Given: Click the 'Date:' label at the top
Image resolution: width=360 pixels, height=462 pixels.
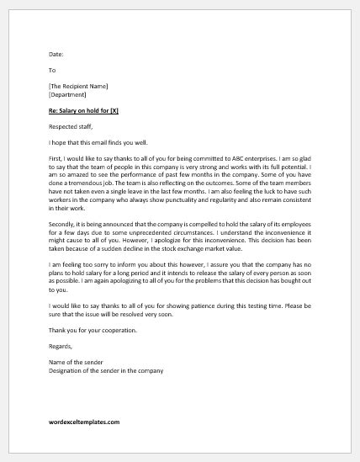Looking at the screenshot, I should tap(56, 55).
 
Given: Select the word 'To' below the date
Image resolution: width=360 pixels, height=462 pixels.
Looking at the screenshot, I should tap(52, 71).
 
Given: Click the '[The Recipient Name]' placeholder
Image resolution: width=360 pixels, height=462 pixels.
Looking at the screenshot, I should tap(78, 86).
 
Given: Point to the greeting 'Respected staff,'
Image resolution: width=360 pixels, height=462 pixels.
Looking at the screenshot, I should tap(71, 126).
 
